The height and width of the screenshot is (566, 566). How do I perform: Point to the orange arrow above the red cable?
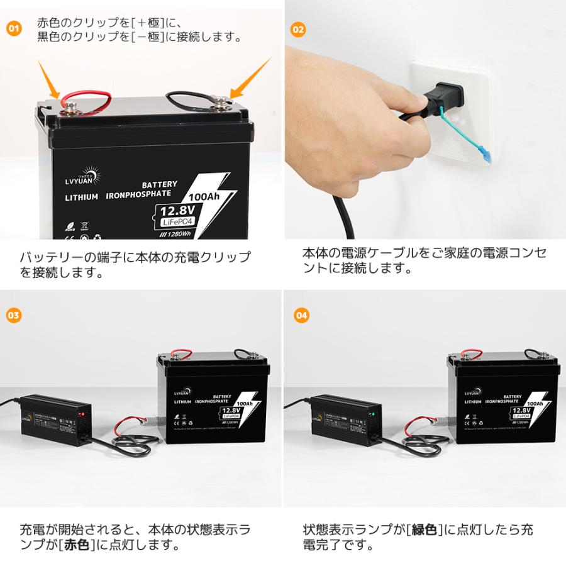[48, 76]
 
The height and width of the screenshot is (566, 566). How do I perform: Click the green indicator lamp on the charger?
[372, 414]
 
